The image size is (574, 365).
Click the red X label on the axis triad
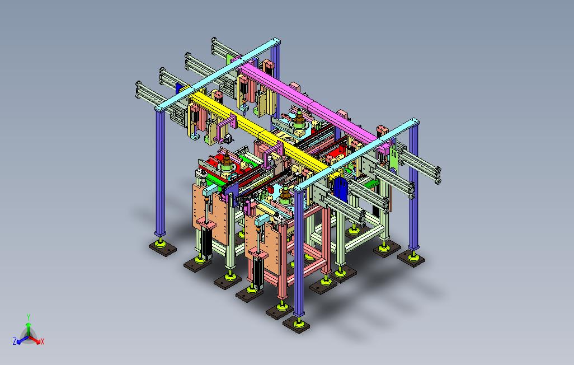(43, 341)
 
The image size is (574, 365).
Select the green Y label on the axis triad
(28, 317)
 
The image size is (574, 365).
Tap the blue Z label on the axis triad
(15, 341)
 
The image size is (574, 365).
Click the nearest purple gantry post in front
(299, 253)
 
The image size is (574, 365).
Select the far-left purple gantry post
(160, 172)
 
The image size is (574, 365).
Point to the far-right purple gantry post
(413, 187)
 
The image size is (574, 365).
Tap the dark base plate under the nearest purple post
(297, 324)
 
